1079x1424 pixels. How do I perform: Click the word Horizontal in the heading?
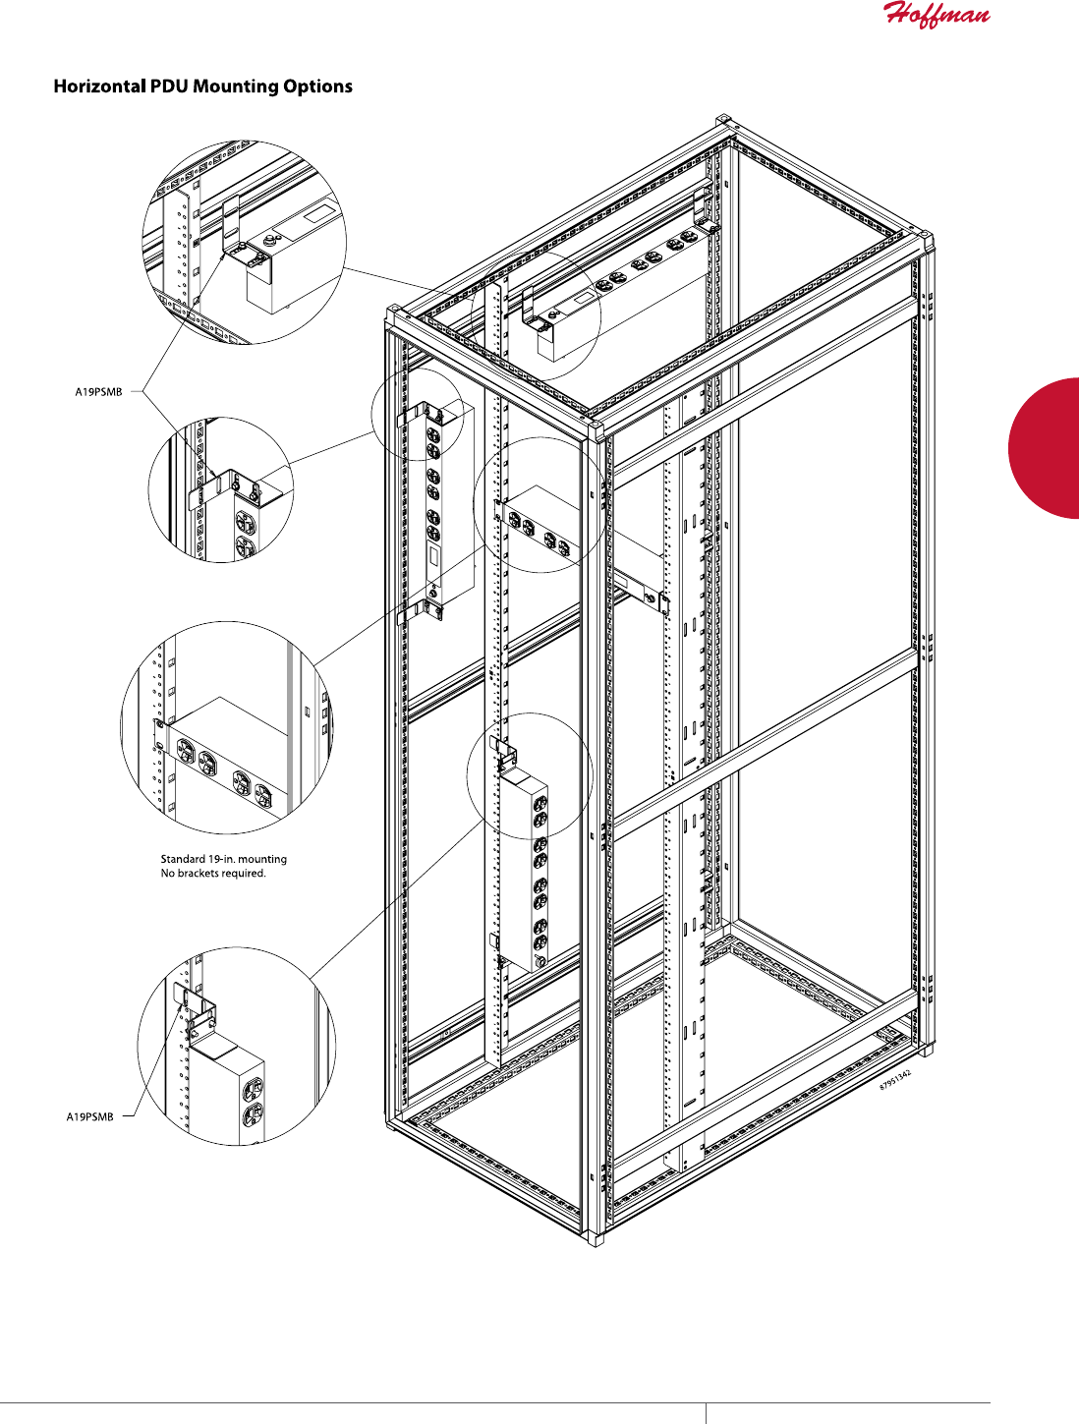pos(97,86)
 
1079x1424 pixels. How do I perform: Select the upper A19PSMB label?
pos(98,392)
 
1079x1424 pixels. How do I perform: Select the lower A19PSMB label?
pos(89,1116)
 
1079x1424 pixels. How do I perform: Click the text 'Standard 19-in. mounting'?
pos(223,859)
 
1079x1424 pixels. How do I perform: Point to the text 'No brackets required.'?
pos(212,873)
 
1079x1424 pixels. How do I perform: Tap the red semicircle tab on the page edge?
pos(1048,447)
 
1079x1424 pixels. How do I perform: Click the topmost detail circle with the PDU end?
pos(245,242)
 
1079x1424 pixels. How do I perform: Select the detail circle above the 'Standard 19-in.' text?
pos(226,727)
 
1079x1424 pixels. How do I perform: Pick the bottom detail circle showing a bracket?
pos(237,1046)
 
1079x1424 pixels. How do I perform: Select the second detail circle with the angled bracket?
pos(221,489)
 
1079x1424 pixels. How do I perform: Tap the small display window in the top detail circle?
pos(320,211)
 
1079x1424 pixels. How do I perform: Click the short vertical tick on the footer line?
pos(706,1413)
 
